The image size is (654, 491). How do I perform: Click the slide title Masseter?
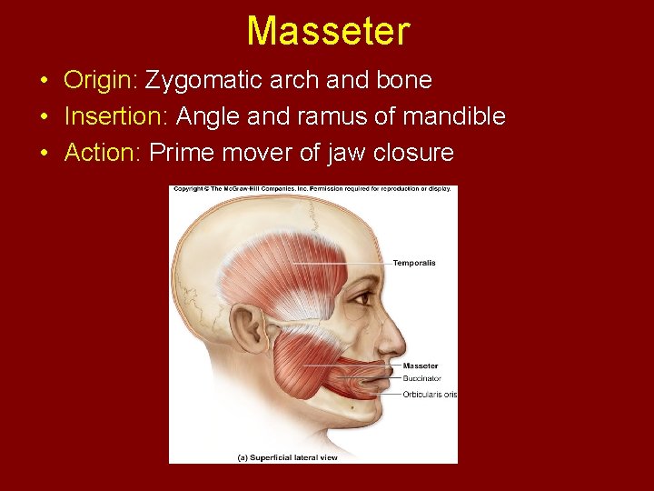328,31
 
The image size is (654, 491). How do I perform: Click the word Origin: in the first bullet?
100,81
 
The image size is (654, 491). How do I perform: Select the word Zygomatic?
203,81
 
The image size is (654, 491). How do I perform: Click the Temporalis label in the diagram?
414,263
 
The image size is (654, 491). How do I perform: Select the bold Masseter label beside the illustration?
421,366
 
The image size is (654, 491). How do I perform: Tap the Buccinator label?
422,378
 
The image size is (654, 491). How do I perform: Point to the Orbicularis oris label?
430,394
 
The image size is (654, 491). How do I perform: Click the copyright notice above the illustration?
313,190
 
